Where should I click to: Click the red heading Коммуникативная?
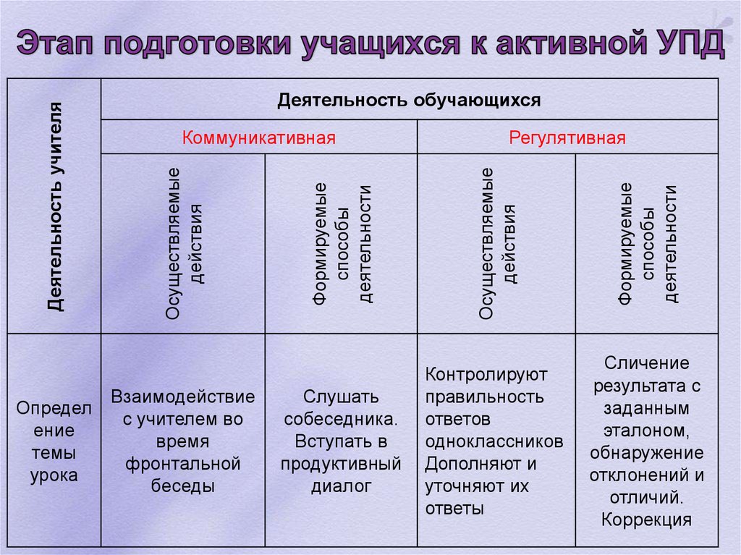pos(259,137)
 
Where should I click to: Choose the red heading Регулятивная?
pos(567,137)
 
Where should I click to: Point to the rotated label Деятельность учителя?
pos(55,207)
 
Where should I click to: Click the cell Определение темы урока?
pos(54,441)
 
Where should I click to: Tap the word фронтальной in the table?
pos(183,463)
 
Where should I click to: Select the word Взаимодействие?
pos(183,397)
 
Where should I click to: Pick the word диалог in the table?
pos(341,486)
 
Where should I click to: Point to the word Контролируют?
pos(486,375)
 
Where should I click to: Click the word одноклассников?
pos(494,441)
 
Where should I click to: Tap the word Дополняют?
pos(471,463)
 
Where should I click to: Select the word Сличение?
pos(647,363)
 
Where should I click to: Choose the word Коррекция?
pos(647,519)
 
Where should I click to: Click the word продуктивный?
pos(341,463)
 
